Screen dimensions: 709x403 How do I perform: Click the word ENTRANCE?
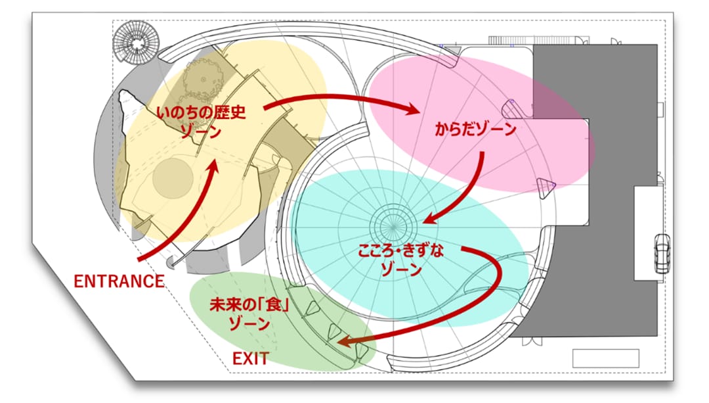[119, 281]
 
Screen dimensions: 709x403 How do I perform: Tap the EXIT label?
[251, 359]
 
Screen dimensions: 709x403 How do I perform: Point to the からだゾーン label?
[475, 130]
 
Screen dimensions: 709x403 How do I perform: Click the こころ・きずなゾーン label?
[401, 260]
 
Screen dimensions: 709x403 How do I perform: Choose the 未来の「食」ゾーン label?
[250, 314]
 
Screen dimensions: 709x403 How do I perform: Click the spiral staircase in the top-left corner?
[136, 43]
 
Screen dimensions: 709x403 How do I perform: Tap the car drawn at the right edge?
[662, 254]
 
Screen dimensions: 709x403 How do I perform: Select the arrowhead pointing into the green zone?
[346, 341]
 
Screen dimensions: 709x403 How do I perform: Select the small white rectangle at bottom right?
[606, 359]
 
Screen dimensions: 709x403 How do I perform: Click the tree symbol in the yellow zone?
[202, 81]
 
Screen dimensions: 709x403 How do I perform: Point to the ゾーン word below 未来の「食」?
[249, 323]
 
